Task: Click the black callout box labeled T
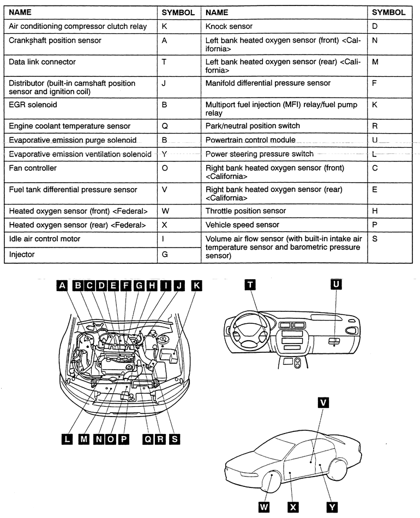click(250, 285)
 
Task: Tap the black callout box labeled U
click(336, 285)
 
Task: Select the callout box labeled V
click(323, 402)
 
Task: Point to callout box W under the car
click(264, 507)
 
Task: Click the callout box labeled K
click(196, 285)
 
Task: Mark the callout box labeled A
click(62, 285)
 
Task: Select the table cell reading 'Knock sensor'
click(229, 26)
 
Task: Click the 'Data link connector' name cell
click(42, 62)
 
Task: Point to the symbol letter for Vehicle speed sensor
click(374, 225)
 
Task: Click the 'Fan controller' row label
click(33, 168)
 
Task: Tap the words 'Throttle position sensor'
click(245, 210)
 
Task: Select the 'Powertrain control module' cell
click(250, 140)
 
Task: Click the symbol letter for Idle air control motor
click(164, 239)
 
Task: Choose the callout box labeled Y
click(332, 507)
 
